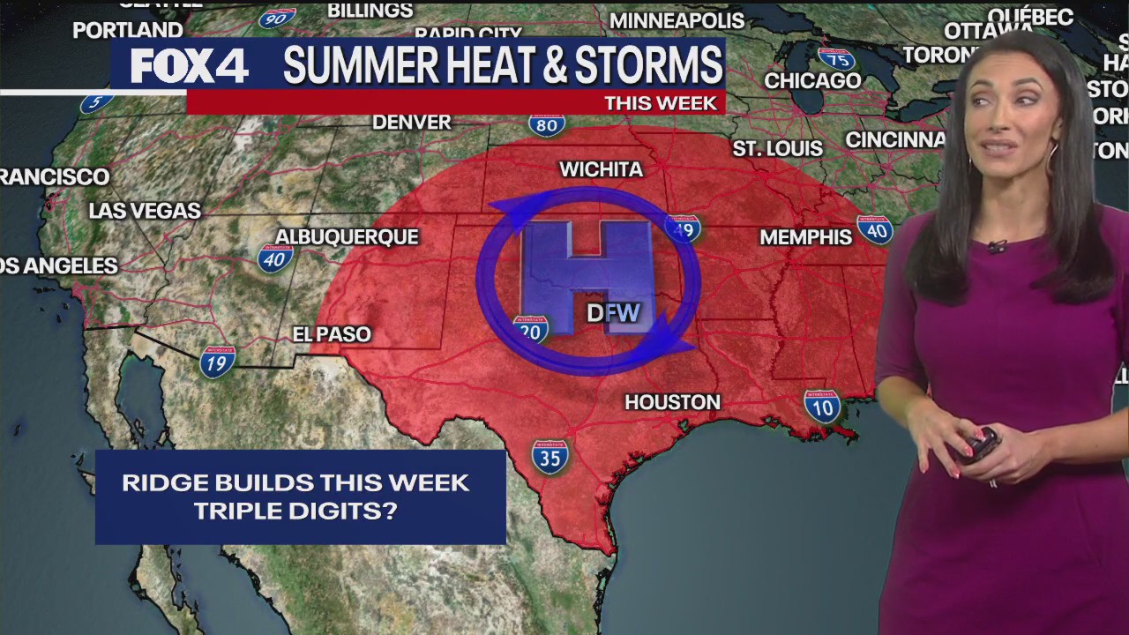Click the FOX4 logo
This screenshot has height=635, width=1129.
[189, 65]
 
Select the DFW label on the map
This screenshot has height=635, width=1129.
[613, 312]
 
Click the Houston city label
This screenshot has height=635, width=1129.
[672, 402]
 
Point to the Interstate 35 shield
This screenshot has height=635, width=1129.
[550, 457]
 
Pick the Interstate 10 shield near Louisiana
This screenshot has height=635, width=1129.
[821, 406]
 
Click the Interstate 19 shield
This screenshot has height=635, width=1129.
[217, 362]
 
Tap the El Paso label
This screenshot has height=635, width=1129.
[332, 334]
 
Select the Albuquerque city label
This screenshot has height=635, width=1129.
[347, 236]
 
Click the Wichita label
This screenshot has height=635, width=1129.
[601, 169]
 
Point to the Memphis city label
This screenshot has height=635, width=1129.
[805, 237]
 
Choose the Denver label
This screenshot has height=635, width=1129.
[411, 123]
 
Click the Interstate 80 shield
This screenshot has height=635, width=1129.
[547, 124]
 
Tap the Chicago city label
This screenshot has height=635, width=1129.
[812, 81]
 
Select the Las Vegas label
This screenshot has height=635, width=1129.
[145, 211]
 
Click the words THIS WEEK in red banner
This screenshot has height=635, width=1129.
[660, 103]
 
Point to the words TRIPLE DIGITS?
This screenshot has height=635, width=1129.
[295, 511]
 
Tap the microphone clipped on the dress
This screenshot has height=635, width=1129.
[997, 246]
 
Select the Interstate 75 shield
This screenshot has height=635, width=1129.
[835, 59]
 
